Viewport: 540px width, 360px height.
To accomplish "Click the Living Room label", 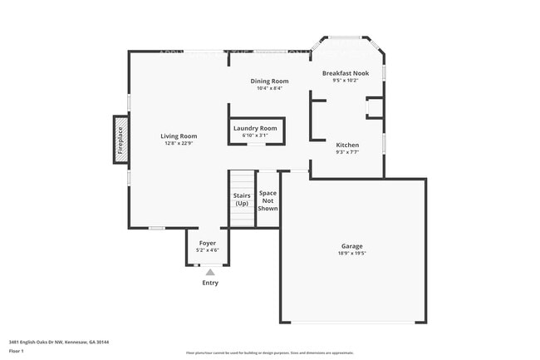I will point(179,136).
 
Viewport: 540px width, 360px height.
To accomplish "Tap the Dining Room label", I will point(270,81).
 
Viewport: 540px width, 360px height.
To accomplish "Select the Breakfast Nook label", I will point(345,73).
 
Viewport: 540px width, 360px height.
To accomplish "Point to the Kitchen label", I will point(347,145).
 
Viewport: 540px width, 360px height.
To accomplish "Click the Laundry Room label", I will point(255,128).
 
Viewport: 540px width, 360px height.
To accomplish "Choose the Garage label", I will point(351,246).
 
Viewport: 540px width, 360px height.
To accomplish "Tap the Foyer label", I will point(207,243).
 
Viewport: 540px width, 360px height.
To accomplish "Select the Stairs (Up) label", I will point(242,200).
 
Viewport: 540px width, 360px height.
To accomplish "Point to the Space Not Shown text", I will point(268,200).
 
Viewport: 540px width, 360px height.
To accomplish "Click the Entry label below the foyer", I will point(210,284).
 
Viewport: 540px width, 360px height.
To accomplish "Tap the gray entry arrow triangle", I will point(210,272).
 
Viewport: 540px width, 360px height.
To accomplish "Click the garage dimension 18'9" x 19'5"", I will point(351,254).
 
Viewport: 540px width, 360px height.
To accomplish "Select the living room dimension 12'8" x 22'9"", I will point(179,143).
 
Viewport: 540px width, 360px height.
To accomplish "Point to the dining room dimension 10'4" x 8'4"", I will point(270,88).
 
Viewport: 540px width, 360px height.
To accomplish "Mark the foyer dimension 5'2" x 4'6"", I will point(207,250).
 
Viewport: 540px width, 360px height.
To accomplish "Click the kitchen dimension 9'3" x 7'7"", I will point(347,152).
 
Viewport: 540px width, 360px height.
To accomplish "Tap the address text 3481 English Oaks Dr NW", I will point(42,342).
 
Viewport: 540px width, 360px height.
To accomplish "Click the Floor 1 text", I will point(17,351).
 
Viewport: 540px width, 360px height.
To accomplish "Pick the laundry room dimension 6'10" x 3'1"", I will point(255,136).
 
